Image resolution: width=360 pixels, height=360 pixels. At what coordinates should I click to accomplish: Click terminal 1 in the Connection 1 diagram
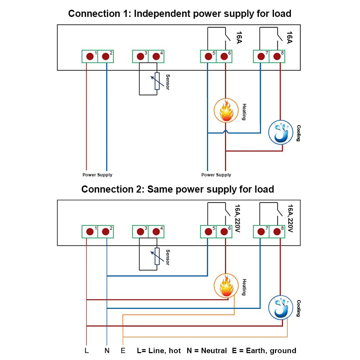click(90, 56)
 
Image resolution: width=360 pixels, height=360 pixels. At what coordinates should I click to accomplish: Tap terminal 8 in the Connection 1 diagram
click(277, 56)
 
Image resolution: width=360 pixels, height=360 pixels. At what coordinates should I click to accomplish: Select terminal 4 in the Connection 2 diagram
click(156, 231)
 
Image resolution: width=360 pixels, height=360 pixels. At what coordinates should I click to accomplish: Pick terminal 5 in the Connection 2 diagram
click(208, 231)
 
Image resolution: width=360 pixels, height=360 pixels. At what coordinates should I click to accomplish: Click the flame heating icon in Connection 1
click(226, 111)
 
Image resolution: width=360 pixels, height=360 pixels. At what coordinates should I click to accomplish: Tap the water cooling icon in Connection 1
click(280, 132)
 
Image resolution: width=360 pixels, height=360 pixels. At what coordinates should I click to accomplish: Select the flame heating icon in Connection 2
click(226, 286)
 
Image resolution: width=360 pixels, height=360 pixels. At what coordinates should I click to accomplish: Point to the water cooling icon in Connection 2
click(280, 308)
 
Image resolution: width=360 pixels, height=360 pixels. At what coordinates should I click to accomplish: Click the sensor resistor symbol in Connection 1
click(157, 81)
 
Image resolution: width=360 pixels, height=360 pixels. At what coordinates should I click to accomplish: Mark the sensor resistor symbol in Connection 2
click(157, 256)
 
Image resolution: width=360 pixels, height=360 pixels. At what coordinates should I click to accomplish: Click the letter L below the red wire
click(86, 351)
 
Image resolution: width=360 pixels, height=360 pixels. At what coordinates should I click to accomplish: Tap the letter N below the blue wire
click(107, 351)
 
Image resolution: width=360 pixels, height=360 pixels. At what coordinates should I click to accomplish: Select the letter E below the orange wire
click(123, 351)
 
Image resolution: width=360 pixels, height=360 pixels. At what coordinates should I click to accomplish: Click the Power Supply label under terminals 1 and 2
click(97, 175)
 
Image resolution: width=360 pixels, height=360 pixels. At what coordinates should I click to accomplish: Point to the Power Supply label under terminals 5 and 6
click(216, 175)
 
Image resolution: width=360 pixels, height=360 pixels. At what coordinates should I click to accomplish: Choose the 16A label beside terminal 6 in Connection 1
click(239, 37)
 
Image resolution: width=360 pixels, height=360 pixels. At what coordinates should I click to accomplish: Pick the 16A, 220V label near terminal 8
click(291, 219)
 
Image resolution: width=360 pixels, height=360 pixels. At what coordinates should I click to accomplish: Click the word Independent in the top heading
click(162, 14)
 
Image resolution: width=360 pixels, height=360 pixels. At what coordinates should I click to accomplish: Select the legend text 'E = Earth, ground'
click(264, 351)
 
